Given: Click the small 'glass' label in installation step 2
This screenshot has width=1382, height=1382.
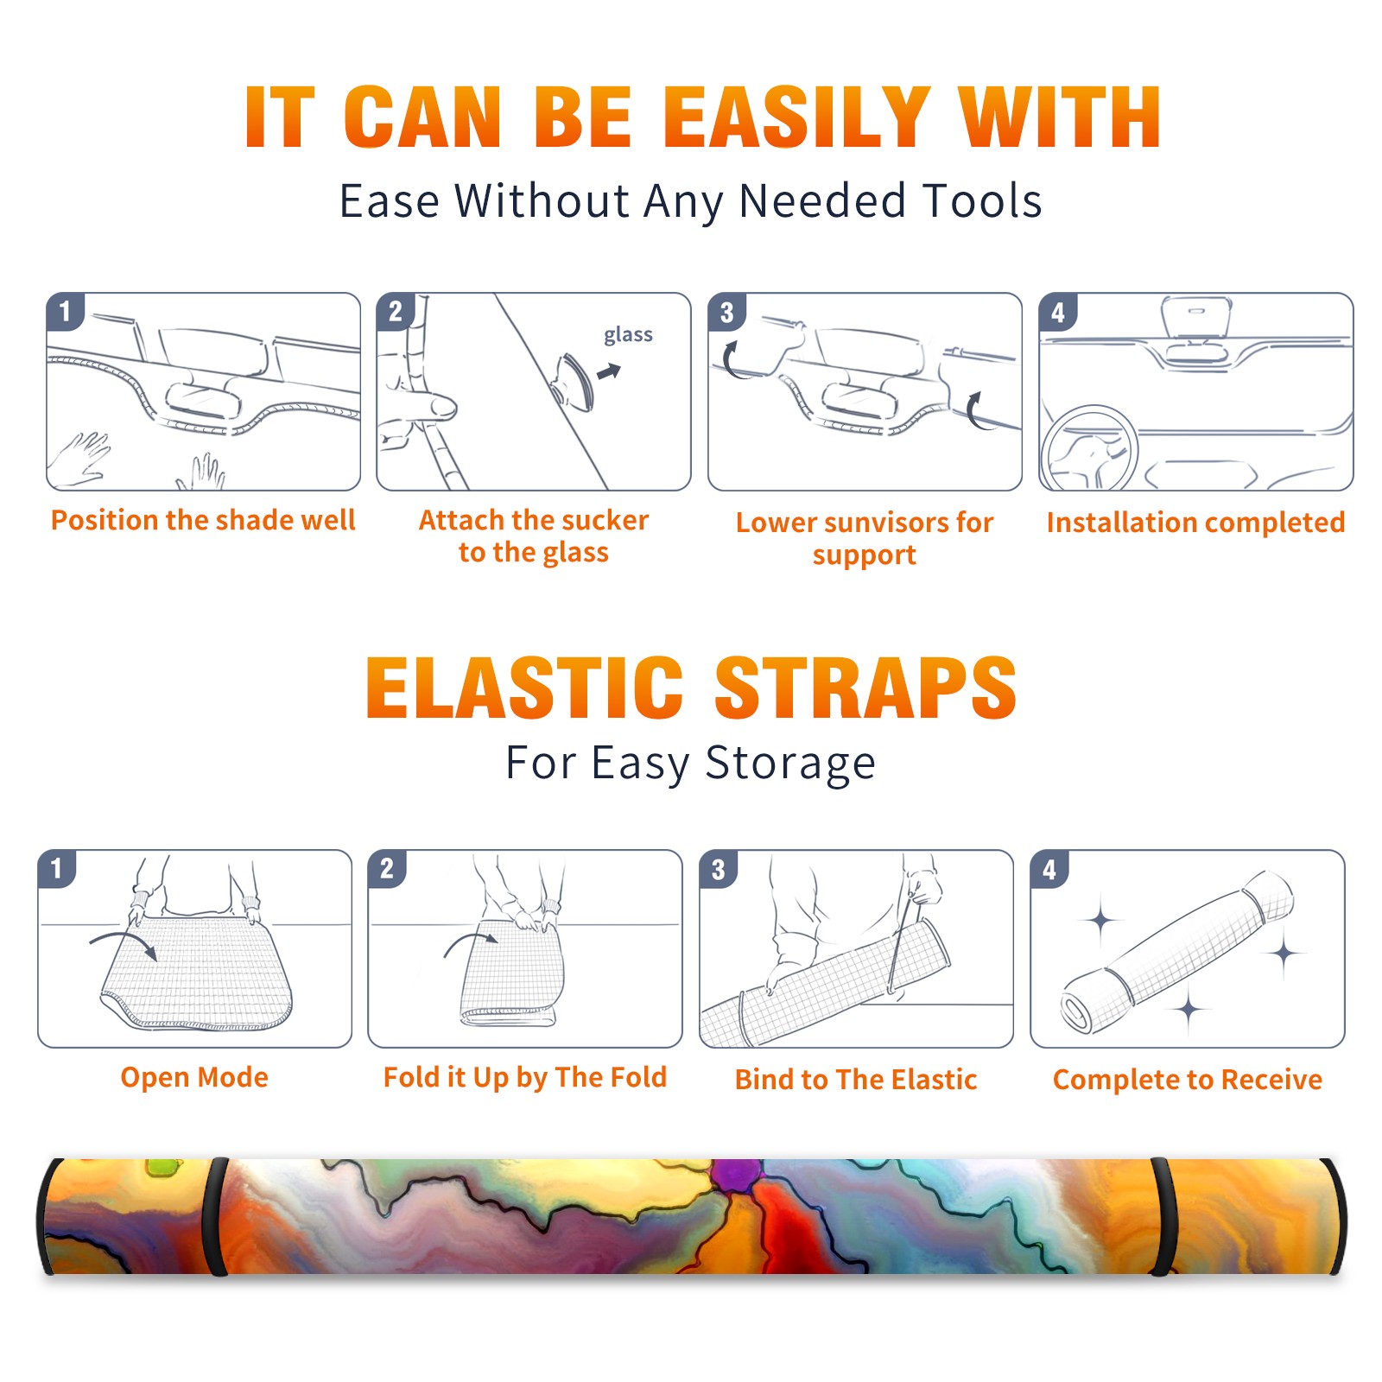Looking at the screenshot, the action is pyautogui.click(x=628, y=335).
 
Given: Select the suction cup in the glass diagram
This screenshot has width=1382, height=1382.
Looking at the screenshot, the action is pyautogui.click(x=574, y=381).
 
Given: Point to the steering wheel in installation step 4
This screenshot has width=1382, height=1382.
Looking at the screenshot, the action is pyautogui.click(x=1089, y=449).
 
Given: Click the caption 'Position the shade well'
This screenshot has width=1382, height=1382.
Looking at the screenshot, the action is pyautogui.click(x=203, y=520).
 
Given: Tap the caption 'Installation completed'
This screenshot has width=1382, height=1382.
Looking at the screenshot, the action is pyautogui.click(x=1195, y=522).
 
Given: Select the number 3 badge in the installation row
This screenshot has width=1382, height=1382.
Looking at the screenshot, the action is pyautogui.click(x=726, y=312).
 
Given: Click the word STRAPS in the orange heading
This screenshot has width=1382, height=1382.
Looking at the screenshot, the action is pyautogui.click(x=865, y=688).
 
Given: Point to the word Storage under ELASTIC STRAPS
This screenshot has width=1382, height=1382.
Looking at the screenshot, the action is pyautogui.click(x=790, y=763).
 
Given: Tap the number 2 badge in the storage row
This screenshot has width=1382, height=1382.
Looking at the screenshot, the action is pyautogui.click(x=387, y=869).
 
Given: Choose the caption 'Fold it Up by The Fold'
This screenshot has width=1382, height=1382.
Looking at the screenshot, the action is pyautogui.click(x=525, y=1077).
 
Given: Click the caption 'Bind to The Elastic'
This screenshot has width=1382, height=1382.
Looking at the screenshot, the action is pyautogui.click(x=856, y=1080).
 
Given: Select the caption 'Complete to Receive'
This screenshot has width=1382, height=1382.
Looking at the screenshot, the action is pyautogui.click(x=1188, y=1080).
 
